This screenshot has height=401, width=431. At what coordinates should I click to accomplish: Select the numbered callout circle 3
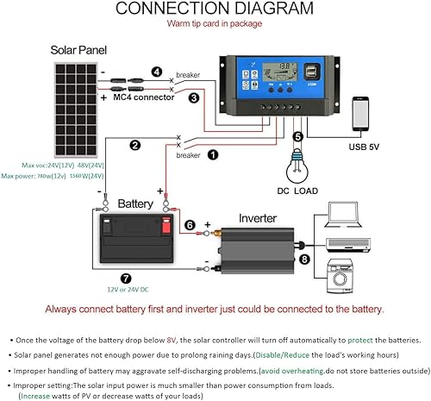194,98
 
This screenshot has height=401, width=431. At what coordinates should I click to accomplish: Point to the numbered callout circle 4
156,72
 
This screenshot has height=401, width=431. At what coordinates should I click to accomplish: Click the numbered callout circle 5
297,136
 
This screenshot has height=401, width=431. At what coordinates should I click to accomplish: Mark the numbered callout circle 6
190,225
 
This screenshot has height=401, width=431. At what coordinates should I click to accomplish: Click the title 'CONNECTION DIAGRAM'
215,9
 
